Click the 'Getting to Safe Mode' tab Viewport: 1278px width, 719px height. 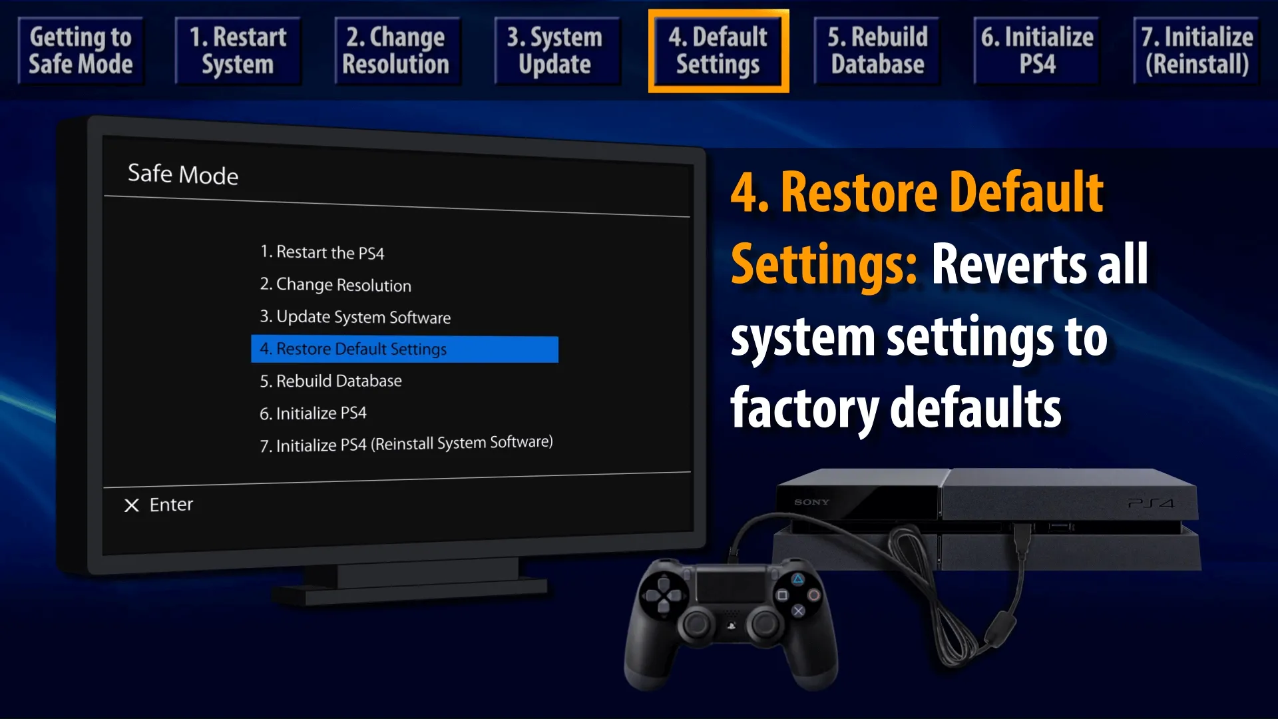[x=81, y=51]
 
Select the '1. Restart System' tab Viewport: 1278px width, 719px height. [x=238, y=51]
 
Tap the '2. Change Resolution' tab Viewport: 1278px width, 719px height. [x=397, y=51]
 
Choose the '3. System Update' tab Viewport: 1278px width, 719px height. [x=556, y=51]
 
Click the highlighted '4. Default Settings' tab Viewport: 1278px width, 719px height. [x=718, y=51]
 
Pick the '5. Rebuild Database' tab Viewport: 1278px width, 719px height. [x=877, y=51]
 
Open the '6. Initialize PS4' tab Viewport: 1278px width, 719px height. [x=1036, y=51]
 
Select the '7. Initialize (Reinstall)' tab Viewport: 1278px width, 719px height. [x=1196, y=51]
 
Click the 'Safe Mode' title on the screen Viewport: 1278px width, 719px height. [x=183, y=174]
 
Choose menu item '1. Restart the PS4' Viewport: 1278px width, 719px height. [x=322, y=252]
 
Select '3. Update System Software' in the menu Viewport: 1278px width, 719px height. [x=355, y=317]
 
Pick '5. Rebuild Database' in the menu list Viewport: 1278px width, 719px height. [x=331, y=381]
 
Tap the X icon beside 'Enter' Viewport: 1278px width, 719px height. [x=132, y=506]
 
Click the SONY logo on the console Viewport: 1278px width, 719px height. [x=811, y=502]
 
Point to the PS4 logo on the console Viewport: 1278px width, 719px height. [x=1151, y=503]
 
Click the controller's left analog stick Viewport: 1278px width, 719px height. [x=697, y=624]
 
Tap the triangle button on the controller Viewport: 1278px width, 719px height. [x=798, y=579]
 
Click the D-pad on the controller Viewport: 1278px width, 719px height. [x=664, y=595]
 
